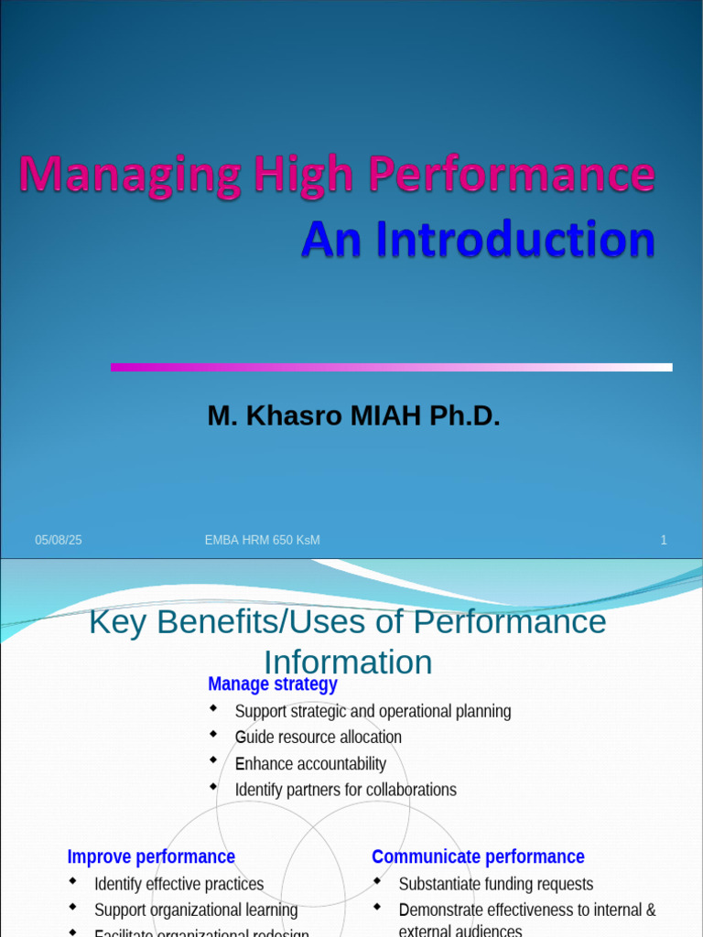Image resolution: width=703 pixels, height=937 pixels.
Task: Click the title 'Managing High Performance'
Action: [337, 175]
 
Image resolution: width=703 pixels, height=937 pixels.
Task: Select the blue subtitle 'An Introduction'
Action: [478, 240]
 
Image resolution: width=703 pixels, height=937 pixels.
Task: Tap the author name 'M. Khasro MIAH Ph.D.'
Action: [353, 416]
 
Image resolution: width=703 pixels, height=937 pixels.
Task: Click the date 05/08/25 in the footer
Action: [59, 541]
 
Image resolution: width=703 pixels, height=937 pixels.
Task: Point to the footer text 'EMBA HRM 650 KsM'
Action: [262, 541]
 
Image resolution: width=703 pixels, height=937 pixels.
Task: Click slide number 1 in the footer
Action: [664, 541]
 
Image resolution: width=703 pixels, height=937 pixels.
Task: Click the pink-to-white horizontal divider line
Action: [391, 367]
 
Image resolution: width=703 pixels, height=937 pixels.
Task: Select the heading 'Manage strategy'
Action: [272, 684]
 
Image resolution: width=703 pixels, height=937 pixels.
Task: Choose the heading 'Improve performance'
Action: [151, 856]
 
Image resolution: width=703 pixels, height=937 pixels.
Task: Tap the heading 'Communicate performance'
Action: [478, 856]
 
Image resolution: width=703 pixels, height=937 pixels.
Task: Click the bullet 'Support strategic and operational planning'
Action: [373, 711]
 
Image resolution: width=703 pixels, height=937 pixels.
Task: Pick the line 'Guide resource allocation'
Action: [318, 737]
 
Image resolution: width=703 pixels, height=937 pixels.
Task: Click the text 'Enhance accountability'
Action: [310, 763]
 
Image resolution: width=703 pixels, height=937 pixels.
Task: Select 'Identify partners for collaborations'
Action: [345, 789]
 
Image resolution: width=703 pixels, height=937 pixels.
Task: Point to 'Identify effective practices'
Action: [178, 884]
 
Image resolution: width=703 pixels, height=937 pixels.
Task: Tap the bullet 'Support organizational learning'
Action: [196, 910]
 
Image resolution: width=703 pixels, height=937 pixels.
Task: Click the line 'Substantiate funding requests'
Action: [495, 884]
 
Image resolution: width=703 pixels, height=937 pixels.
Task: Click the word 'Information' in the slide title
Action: [348, 662]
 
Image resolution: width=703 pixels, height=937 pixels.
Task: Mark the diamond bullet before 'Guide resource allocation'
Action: [213, 734]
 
